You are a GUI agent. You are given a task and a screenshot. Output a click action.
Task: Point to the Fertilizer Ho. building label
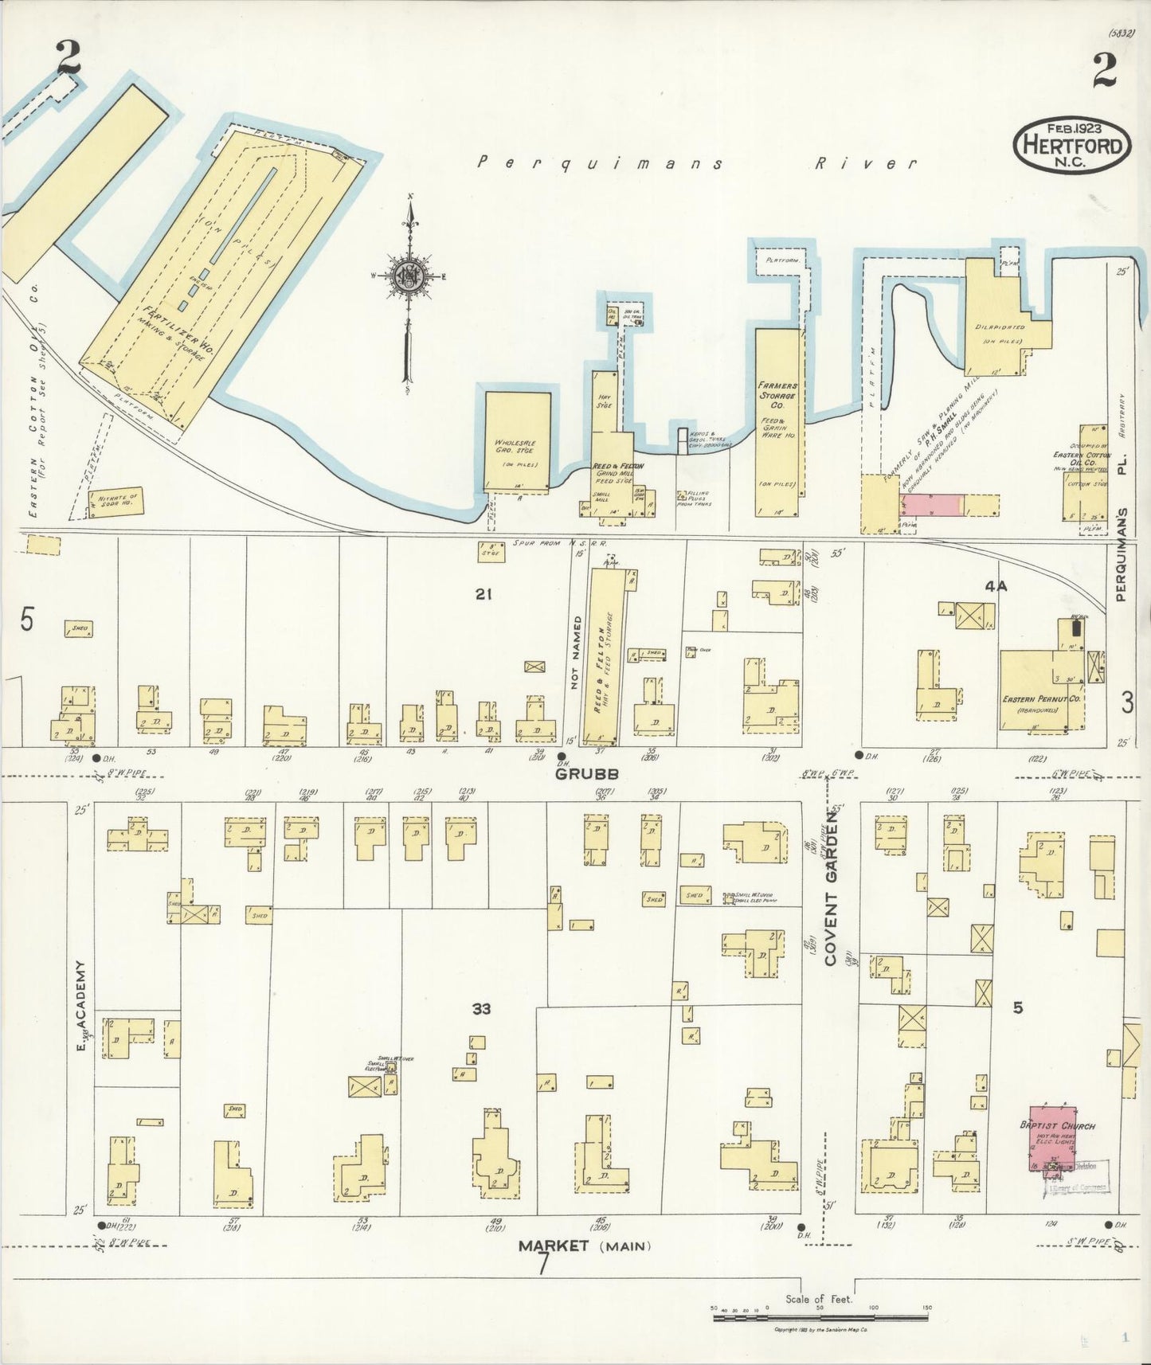180,331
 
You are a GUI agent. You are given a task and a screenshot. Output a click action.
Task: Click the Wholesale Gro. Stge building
518,442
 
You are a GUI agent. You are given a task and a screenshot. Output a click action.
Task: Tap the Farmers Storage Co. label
777,395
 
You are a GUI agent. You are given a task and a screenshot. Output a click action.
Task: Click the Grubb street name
576,773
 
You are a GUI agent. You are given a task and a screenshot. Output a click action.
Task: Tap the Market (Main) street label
584,1246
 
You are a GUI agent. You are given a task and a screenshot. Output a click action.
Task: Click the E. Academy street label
80,1005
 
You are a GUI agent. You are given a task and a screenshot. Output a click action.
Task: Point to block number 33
480,1009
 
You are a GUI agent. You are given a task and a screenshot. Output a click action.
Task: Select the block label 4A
996,586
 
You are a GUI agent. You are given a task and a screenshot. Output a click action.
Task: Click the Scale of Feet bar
820,1316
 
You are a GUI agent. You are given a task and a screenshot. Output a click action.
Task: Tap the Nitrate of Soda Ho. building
115,502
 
